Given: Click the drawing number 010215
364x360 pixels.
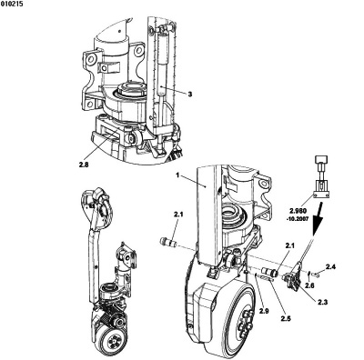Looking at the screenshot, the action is [12, 4].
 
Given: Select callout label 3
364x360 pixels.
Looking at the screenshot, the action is [190, 95].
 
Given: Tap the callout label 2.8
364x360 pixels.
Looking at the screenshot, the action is [84, 165].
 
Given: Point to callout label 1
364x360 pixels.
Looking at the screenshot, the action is [178, 175].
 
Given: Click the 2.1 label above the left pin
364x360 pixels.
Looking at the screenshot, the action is [178, 215].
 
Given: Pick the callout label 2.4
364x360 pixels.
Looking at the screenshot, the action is [330, 266].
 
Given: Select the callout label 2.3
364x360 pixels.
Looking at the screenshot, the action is [323, 302].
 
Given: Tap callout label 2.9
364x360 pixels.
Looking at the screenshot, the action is [264, 310].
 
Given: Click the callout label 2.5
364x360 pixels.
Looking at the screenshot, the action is [286, 318].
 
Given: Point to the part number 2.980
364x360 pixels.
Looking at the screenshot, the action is [298, 210].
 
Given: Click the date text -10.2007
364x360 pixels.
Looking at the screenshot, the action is [298, 218].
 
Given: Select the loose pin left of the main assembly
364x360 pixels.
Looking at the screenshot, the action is [167, 243].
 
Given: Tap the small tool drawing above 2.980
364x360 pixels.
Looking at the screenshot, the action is [320, 176].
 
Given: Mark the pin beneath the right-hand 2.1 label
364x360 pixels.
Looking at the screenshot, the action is [270, 271].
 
